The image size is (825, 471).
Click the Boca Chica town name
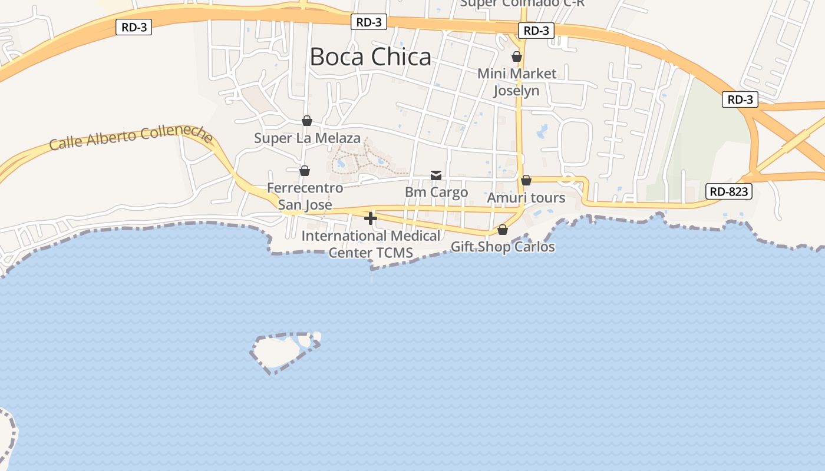370,57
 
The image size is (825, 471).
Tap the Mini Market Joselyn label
516,82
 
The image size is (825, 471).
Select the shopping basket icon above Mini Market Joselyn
517,57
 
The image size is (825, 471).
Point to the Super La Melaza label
307,138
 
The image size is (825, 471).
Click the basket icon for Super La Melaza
307,121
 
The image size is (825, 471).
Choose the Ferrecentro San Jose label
305,196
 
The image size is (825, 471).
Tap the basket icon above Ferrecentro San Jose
305,171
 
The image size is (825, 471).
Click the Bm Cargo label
436,193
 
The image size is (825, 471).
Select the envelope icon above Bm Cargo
436,175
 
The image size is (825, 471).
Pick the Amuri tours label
526,198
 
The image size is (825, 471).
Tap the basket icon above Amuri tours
526,180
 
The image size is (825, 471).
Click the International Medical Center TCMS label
371,244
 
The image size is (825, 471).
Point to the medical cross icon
371,218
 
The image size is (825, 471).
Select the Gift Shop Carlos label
503,247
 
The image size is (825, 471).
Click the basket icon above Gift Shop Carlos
503,230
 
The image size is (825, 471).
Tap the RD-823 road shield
729,191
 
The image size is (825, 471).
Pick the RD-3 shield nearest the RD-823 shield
740,99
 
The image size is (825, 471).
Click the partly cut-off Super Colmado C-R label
522,4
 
